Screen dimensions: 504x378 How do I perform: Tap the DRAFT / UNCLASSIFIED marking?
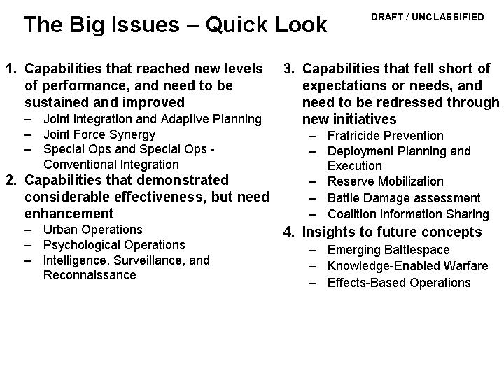click(428, 17)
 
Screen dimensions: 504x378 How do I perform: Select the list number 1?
click(11, 69)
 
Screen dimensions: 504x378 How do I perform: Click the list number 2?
click(11, 180)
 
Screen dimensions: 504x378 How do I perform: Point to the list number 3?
click(289, 69)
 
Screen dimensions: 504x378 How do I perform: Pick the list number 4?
click(289, 232)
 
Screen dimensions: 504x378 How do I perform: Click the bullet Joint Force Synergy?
click(99, 134)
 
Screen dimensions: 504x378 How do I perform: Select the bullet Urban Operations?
click(93, 230)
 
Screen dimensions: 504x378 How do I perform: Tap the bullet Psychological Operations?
click(114, 245)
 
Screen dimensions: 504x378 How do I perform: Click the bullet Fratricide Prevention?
click(386, 136)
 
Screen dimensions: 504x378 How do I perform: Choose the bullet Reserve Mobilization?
click(386, 181)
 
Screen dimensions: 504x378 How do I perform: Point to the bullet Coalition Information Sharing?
click(408, 214)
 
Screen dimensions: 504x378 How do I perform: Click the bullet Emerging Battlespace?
click(388, 251)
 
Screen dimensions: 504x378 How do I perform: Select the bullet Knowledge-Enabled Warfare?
click(408, 266)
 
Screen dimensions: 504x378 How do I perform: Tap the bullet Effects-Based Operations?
click(399, 283)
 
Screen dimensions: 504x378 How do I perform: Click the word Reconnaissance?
click(90, 275)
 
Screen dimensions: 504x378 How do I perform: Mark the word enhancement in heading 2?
click(69, 213)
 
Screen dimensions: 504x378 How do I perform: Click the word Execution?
click(355, 166)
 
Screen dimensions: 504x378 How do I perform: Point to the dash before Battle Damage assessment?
click(312, 199)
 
